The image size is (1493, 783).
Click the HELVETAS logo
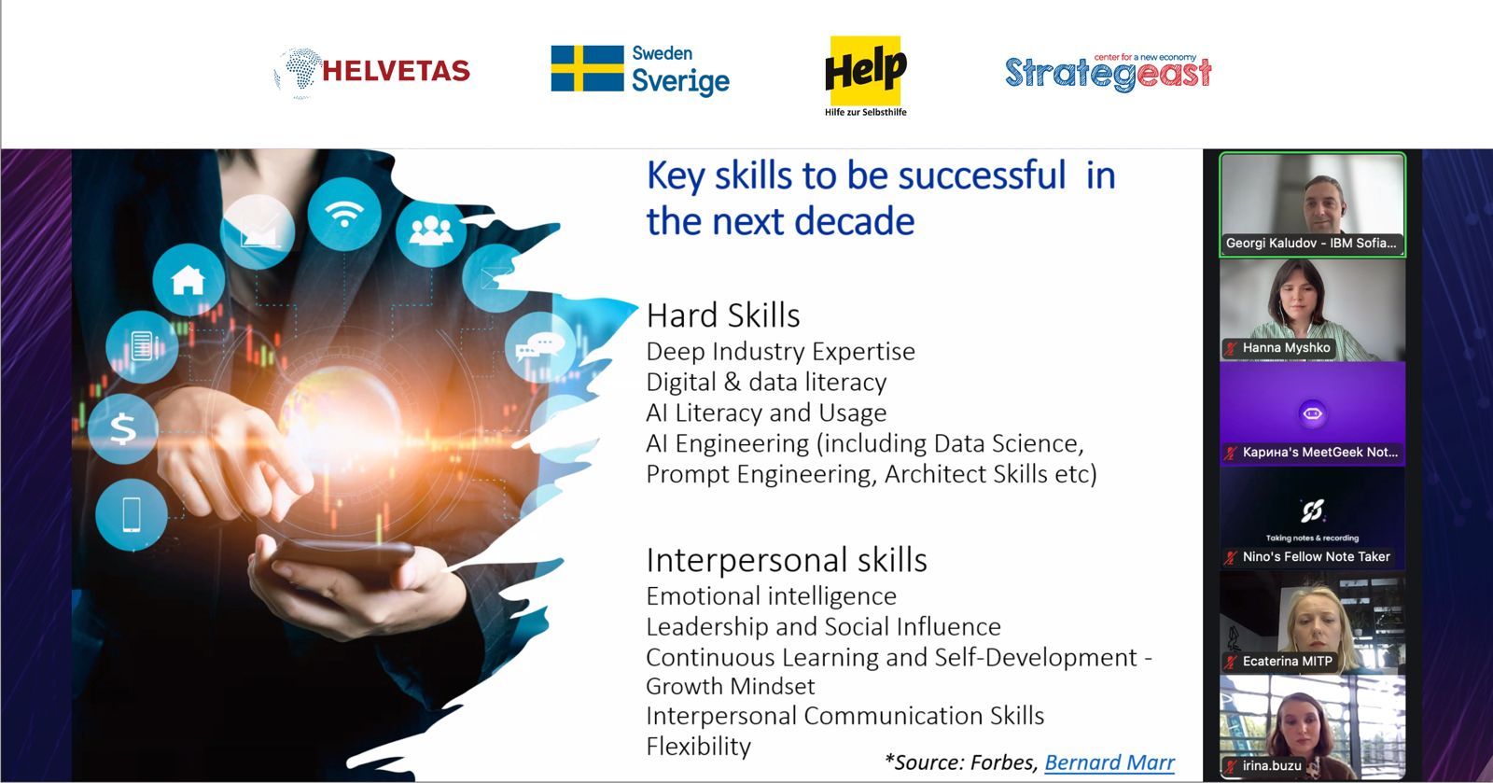pyautogui.click(x=372, y=72)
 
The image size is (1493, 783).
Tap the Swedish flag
pyautogui.click(x=587, y=68)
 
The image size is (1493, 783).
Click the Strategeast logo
pyautogui.click(x=1108, y=72)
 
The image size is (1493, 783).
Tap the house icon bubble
pyautogui.click(x=188, y=280)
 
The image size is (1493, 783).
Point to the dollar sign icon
pyautogui.click(x=122, y=428)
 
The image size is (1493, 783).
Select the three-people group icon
pyautogui.click(x=431, y=231)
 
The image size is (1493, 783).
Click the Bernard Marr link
pyautogui.click(x=1109, y=762)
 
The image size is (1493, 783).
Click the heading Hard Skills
pyautogui.click(x=723, y=315)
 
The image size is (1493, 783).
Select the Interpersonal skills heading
pyautogui.click(x=787, y=560)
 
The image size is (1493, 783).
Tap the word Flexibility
pyautogui.click(x=699, y=746)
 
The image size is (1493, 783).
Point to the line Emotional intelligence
pyautogui.click(x=771, y=595)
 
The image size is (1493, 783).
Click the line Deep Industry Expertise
pyautogui.click(x=780, y=351)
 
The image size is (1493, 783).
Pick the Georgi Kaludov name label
pyautogui.click(x=1311, y=244)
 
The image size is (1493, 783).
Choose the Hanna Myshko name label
pyautogui.click(x=1279, y=348)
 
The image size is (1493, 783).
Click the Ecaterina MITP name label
pyautogui.click(x=1280, y=661)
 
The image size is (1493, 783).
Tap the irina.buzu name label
pyautogui.click(x=1265, y=765)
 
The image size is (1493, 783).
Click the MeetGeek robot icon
pyautogui.click(x=1312, y=413)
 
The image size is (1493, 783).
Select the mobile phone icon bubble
pyautogui.click(x=132, y=514)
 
